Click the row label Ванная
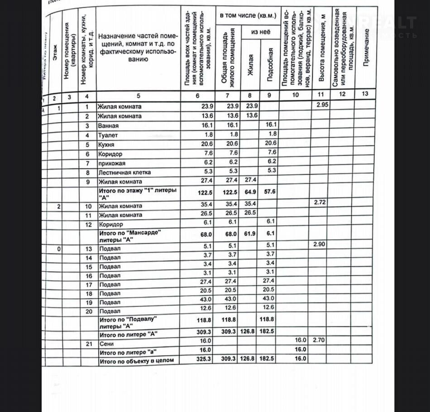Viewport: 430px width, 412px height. point(109,126)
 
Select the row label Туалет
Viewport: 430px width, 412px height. point(108,135)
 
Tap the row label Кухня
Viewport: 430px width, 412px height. point(107,145)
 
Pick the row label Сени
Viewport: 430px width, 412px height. point(107,344)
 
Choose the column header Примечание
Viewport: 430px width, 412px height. point(366,48)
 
